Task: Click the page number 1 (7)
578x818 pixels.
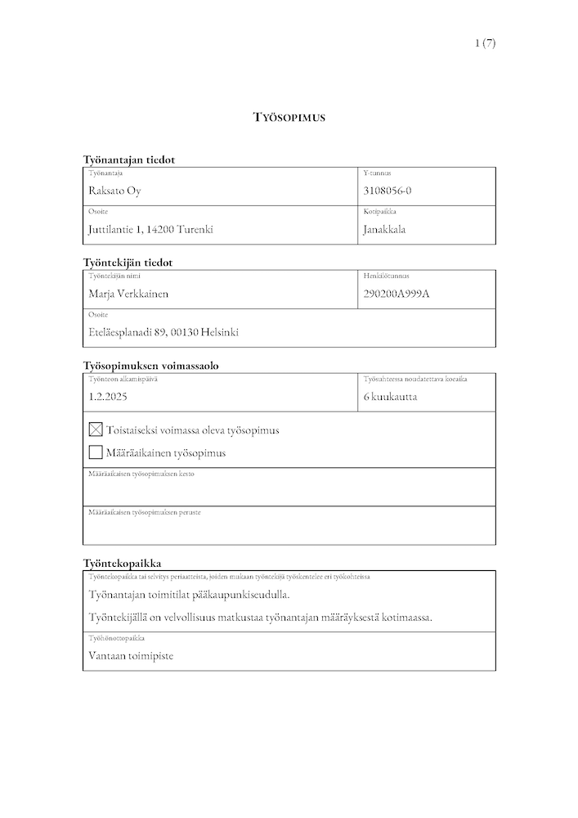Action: click(x=484, y=43)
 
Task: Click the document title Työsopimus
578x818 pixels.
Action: click(x=289, y=118)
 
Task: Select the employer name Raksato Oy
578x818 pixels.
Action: click(x=121, y=191)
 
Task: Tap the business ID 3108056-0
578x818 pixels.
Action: click(x=388, y=191)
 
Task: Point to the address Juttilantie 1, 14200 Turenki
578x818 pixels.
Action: click(x=150, y=230)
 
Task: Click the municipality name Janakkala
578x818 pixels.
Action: click(x=384, y=230)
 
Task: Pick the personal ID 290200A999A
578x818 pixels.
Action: click(x=397, y=293)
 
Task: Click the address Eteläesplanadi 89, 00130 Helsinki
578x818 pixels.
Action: click(x=164, y=332)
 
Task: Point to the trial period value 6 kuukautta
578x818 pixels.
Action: click(x=391, y=397)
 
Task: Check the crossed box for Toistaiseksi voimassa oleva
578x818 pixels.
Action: click(x=96, y=429)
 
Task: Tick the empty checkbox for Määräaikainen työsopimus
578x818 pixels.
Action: click(x=96, y=452)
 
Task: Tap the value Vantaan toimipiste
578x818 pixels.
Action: click(x=131, y=655)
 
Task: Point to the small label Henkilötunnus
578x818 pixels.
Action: click(x=386, y=276)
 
